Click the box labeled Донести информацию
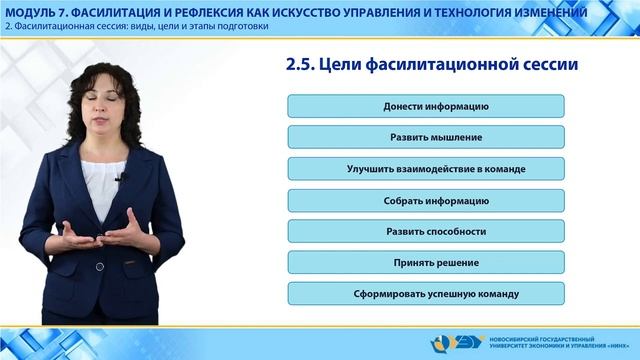[x=434, y=106]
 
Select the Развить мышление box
[x=434, y=137]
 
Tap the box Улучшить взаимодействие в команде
[x=434, y=169]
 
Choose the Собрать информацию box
[x=434, y=200]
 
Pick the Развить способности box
[x=434, y=231]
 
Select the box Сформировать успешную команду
[x=434, y=294]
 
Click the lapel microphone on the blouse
[x=119, y=179]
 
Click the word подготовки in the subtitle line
[x=243, y=26]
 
